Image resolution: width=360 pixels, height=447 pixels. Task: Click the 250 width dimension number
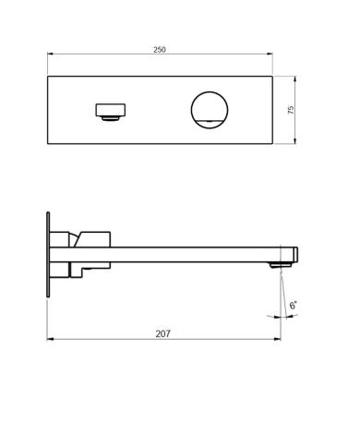click(x=161, y=49)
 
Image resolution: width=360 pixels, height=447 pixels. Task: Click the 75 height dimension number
click(x=291, y=109)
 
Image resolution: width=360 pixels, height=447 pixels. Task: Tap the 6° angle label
click(x=293, y=305)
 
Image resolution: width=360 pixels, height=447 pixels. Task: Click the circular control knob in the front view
click(x=209, y=109)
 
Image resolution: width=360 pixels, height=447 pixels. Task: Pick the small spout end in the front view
click(x=109, y=111)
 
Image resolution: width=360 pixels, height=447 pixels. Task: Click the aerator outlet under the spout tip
click(x=275, y=265)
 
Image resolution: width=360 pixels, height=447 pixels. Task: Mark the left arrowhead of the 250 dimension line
click(x=50, y=55)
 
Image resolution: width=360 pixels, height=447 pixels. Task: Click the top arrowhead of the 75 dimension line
click(x=296, y=77)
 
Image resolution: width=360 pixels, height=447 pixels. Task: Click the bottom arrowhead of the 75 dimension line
click(x=296, y=142)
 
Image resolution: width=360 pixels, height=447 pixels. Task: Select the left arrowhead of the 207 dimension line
click(x=49, y=339)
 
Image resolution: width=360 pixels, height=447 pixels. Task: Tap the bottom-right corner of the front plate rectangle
click(x=273, y=144)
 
